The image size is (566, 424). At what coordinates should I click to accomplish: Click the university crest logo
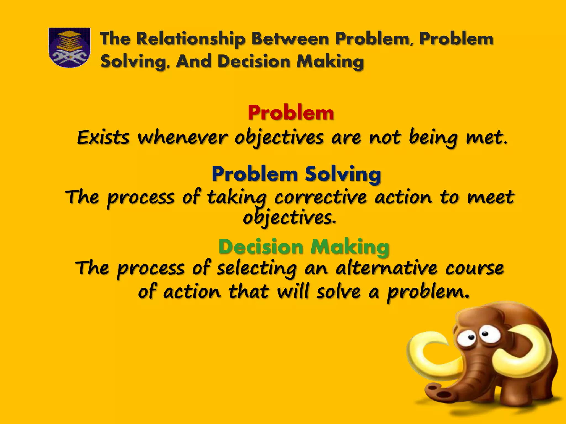tap(69, 47)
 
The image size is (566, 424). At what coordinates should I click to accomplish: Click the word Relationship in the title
tap(191, 39)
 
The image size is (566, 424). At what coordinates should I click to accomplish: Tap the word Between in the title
tap(290, 39)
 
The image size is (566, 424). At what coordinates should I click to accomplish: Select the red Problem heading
tap(291, 113)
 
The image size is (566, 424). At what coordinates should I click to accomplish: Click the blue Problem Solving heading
tap(296, 174)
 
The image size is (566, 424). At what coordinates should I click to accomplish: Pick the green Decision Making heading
tap(304, 247)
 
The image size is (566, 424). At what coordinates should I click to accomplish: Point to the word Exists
tap(103, 137)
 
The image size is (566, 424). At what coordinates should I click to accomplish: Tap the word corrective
tap(321, 198)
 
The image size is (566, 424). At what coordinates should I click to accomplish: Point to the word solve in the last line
tap(338, 292)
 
